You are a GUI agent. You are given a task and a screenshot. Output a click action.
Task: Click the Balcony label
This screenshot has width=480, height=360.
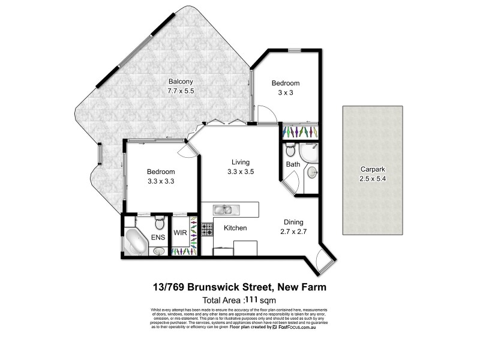[181, 82]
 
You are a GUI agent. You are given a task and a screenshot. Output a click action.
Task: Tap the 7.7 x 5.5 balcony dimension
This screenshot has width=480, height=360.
[181, 91]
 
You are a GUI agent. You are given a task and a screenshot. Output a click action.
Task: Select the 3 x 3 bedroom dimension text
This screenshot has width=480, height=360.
[285, 93]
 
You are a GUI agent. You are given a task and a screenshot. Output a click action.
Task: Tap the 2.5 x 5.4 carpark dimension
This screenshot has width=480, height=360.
[372, 178]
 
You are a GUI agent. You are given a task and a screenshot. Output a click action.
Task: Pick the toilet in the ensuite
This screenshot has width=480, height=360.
[159, 224]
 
